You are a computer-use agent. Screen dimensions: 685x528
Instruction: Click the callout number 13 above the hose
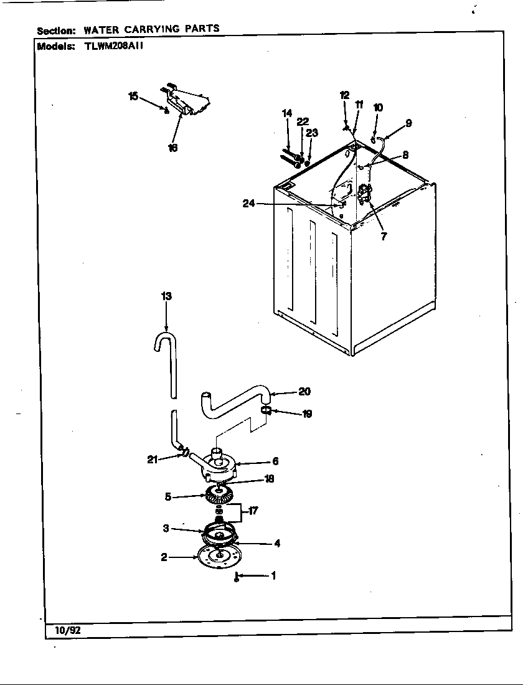tap(166, 296)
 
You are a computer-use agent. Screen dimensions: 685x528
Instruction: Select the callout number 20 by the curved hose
tap(304, 392)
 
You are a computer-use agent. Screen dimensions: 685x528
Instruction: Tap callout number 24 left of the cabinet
tap(248, 204)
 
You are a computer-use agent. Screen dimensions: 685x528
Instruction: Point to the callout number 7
tap(384, 237)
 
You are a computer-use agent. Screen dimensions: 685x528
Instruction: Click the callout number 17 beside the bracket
tap(253, 511)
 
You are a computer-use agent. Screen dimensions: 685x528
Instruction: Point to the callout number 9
tap(408, 123)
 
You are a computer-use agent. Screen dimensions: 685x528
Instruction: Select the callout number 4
tap(276, 543)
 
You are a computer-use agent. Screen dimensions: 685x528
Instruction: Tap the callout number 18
tap(269, 479)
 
